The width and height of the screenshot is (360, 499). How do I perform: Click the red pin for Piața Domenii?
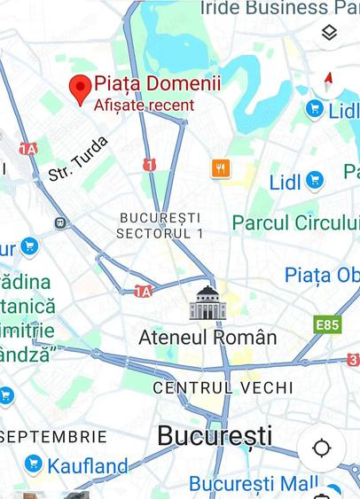(x=81, y=88)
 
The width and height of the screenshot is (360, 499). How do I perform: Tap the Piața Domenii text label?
(x=157, y=84)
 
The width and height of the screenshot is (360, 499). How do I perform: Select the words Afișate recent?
(x=144, y=105)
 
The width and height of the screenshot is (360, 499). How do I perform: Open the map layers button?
(x=329, y=33)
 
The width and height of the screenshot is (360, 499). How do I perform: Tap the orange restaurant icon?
(x=221, y=168)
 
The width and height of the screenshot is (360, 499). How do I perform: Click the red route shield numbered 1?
(x=150, y=164)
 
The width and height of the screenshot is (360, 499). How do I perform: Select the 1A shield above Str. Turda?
(x=28, y=148)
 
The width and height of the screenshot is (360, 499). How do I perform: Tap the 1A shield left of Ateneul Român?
(x=143, y=291)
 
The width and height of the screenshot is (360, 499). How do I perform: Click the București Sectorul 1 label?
(x=160, y=225)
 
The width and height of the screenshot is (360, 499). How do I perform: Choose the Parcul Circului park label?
(x=295, y=222)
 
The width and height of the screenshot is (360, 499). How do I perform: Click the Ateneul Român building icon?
(x=208, y=303)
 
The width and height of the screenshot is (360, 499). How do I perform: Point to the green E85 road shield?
(x=327, y=325)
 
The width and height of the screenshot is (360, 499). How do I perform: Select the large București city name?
(x=215, y=435)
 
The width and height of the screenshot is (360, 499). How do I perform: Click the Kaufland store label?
(x=88, y=464)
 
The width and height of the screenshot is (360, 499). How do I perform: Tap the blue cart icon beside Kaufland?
(x=34, y=463)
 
